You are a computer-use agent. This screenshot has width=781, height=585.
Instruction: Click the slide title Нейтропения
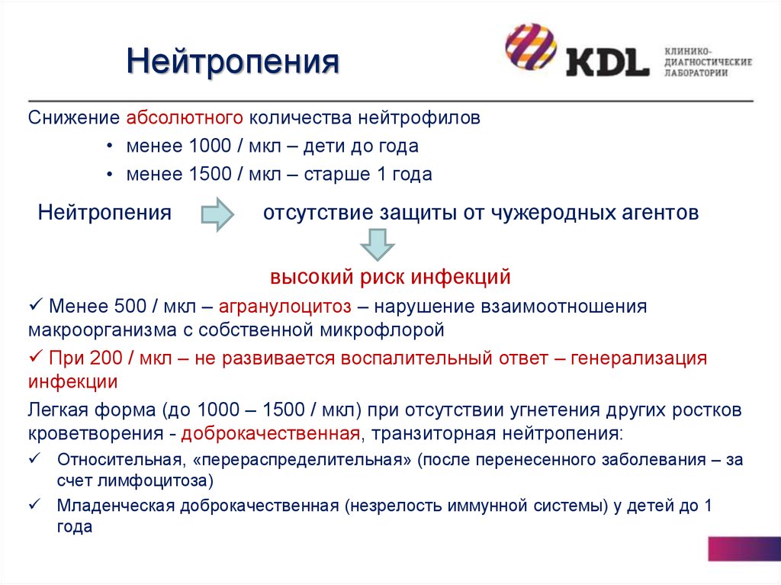pos(233,61)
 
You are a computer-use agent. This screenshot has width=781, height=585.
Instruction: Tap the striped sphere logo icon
pos(530,47)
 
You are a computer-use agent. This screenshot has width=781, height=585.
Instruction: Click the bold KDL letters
pos(608,62)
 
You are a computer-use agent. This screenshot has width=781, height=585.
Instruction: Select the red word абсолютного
pos(185,117)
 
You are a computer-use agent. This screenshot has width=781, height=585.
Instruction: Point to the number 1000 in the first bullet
pos(211,146)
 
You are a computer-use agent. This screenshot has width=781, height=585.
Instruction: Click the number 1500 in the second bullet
pos(211,174)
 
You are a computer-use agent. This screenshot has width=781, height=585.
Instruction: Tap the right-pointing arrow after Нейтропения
pos(217,214)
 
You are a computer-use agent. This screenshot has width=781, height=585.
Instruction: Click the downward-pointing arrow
pos(377,245)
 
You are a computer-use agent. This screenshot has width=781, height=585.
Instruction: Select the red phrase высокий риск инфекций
pos(390,277)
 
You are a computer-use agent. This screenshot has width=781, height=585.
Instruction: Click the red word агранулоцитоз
pos(285,307)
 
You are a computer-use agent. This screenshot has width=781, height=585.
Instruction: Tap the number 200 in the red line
pos(106,358)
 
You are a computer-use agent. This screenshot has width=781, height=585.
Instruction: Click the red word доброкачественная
pos(271,433)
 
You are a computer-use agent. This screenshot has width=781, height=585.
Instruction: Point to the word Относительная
pos(119,459)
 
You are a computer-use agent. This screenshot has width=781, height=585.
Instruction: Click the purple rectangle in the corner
pos(744,549)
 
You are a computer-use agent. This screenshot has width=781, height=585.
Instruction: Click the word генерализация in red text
pos(638,358)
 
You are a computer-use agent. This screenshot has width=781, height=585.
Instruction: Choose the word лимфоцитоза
pos(156,481)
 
